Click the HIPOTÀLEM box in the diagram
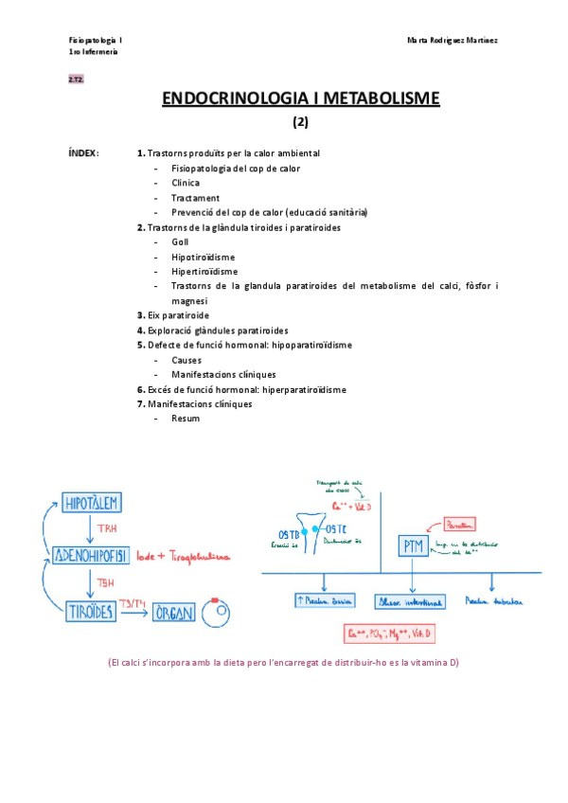point(93,504)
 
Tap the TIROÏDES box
point(93,613)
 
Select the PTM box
point(412,546)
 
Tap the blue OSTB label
point(291,533)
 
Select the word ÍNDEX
point(83,153)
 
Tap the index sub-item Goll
point(180,242)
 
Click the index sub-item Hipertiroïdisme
point(204,272)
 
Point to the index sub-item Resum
point(186,419)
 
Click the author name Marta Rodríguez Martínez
point(453,41)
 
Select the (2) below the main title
point(299,121)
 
